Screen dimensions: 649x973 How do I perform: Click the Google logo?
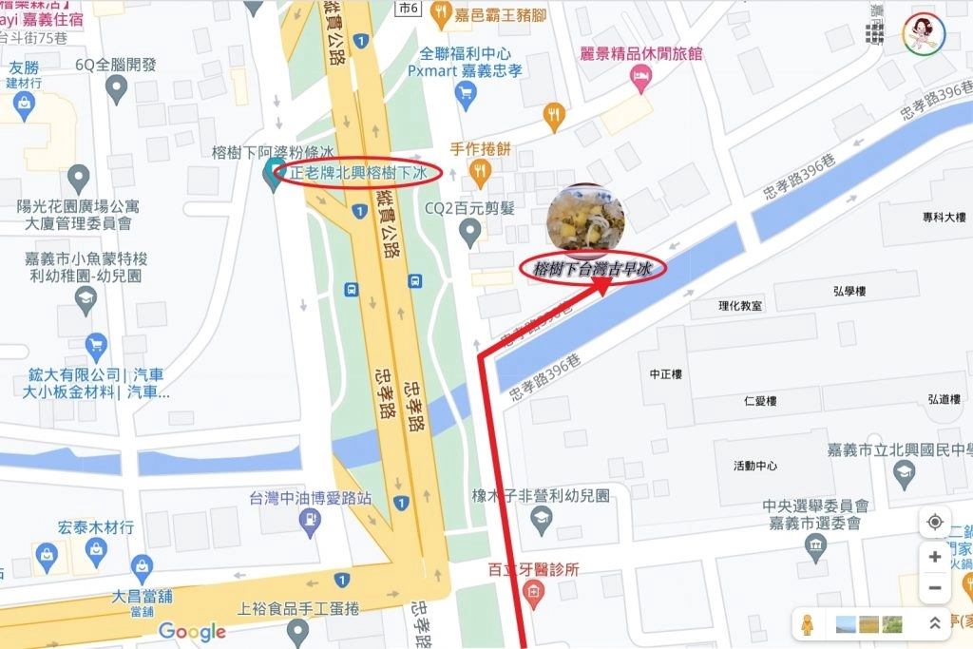(192, 630)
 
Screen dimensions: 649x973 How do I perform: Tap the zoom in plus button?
(934, 557)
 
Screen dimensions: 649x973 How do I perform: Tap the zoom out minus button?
(934, 588)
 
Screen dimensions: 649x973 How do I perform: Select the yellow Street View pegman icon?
(808, 623)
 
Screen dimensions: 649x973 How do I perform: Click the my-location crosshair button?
(934, 523)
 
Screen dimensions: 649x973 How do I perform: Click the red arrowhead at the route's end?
(605, 287)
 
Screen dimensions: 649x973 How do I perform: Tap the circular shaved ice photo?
(585, 217)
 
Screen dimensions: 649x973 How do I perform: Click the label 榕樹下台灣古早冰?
(593, 269)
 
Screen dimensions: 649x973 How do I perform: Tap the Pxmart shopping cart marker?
(465, 92)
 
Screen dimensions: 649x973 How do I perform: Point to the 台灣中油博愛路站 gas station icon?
(309, 519)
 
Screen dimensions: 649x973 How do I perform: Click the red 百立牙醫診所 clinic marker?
(534, 595)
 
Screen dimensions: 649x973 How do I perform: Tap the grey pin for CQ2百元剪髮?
(469, 230)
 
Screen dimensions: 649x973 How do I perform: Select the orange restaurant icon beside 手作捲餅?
(481, 171)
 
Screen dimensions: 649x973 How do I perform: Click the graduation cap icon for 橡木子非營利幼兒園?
(541, 518)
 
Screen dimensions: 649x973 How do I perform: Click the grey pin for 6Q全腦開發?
(117, 89)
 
